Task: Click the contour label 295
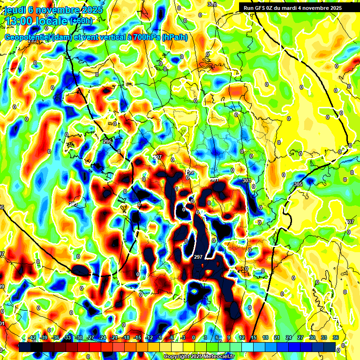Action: [x=107, y=142]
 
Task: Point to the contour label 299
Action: [x=190, y=172]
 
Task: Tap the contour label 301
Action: [x=215, y=180]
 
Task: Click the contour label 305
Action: [x=298, y=184]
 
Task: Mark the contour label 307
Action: [x=350, y=221]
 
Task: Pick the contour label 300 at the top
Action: [x=212, y=4]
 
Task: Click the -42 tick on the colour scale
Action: [x=32, y=337]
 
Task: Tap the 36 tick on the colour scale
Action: [x=336, y=337]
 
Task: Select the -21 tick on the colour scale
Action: [x=114, y=337]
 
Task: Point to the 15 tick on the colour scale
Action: [x=254, y=337]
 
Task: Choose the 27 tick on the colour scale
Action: [x=300, y=337]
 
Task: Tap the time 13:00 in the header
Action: [x=19, y=21]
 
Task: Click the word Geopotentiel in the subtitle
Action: [x=27, y=37]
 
